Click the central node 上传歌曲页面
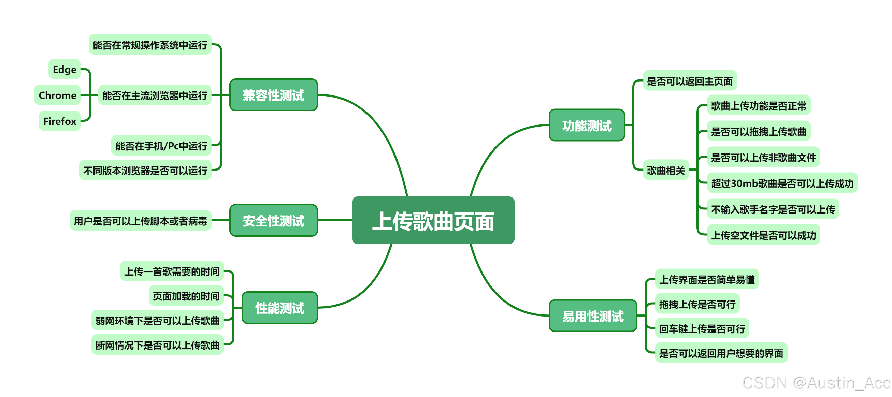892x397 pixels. coord(433,220)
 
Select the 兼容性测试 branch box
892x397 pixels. coord(273,95)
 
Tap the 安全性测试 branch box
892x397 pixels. coord(273,220)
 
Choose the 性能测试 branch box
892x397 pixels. coord(279,308)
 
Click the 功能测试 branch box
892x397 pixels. coord(587,125)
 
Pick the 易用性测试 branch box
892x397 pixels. coord(592,316)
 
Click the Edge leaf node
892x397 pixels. coord(64,69)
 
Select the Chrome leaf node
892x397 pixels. coord(57,95)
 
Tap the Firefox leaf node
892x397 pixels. coord(60,121)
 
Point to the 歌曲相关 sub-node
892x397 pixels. coord(665,170)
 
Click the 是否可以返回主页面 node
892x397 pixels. coord(689,80)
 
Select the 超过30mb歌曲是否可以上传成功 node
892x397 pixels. coord(782,183)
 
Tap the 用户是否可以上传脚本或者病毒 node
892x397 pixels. coord(140,220)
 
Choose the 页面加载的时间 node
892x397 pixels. coord(186,296)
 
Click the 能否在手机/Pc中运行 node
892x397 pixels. coord(161,145)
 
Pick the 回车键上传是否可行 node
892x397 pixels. coord(702,328)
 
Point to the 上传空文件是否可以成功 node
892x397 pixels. coord(763,235)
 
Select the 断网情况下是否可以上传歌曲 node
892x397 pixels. coord(158,345)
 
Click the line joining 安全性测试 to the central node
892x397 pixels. coord(335,220)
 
